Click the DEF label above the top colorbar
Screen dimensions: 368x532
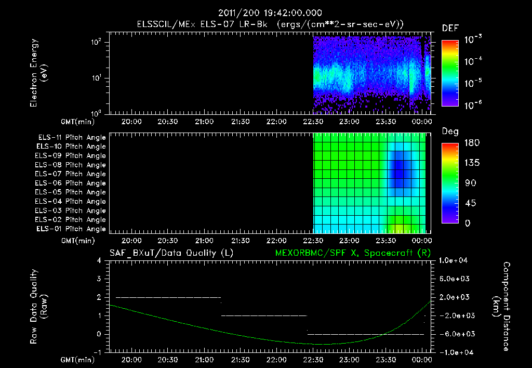tap(450, 28)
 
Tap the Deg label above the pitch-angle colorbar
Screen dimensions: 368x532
tap(450, 132)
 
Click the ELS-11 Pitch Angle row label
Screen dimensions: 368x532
tap(72, 137)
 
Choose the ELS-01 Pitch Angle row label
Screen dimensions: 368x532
tap(72, 229)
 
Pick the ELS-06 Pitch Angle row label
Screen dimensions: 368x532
tap(72, 183)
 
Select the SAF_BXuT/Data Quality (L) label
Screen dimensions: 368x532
tap(170, 253)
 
